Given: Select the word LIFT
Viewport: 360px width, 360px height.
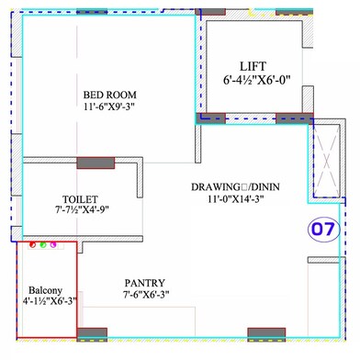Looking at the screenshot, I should tap(252, 67).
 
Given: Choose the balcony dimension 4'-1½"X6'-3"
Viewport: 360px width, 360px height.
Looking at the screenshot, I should tap(44, 300).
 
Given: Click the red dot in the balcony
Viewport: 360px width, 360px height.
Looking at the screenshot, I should tap(32, 245).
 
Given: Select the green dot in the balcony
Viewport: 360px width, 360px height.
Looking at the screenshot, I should tap(42, 245).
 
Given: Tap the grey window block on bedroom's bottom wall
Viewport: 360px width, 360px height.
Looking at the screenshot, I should tap(95, 163).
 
